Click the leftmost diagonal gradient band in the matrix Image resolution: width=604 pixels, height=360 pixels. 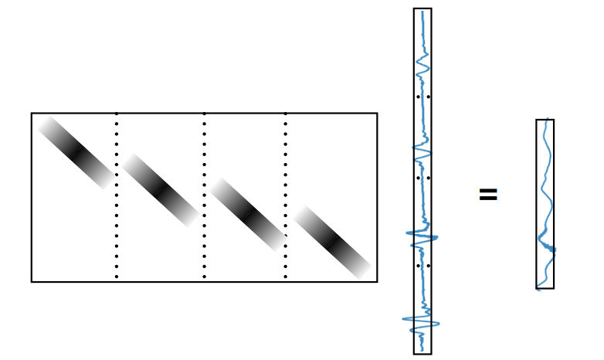click(76, 153)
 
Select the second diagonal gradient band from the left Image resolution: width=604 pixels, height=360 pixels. click(160, 189)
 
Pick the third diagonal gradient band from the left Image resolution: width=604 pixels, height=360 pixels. click(248, 214)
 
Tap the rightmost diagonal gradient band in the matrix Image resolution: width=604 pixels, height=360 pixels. click(332, 241)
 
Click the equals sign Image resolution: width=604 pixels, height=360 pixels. click(487, 194)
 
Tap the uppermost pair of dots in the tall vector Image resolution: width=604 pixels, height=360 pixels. click(422, 97)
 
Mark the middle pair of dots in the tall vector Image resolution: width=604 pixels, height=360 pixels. click(422, 178)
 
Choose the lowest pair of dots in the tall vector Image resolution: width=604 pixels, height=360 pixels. click(422, 266)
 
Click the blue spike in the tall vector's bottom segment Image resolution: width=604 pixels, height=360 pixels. click(421, 321)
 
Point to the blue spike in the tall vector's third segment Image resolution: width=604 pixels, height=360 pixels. click(422, 236)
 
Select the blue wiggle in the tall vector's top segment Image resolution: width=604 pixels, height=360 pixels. click(422, 66)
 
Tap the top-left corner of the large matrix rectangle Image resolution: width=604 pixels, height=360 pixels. click(32, 114)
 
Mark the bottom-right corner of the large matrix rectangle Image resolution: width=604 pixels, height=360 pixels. click(377, 281)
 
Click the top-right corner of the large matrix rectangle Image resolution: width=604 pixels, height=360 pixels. click(377, 114)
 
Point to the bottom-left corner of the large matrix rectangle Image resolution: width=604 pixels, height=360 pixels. click(32, 281)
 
